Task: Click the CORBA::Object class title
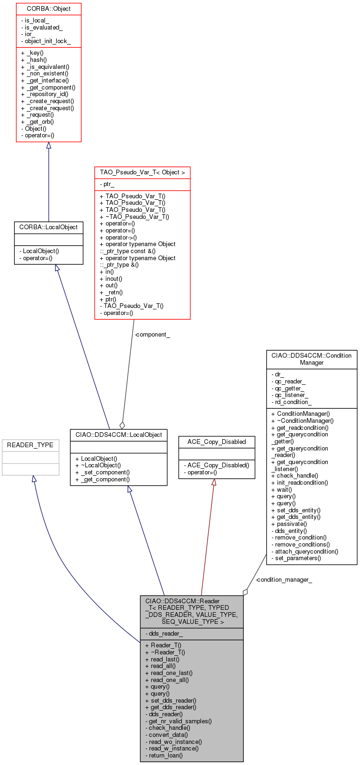pos(48,8)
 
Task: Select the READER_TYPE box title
pos(30,445)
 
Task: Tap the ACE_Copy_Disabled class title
pos(217,442)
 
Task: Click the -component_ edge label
pos(152,334)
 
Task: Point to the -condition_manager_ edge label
pos(284,579)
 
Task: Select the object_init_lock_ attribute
pos(46,41)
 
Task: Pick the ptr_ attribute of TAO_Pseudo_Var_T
pos(107,184)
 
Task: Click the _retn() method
pos(111,292)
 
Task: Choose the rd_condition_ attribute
pos(291,402)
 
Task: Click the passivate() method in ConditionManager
pos(289,524)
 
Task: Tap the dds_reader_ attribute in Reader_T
pos(164,634)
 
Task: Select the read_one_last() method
pos(169,673)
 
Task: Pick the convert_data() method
pos(166,735)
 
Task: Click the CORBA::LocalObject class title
pos(48,227)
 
